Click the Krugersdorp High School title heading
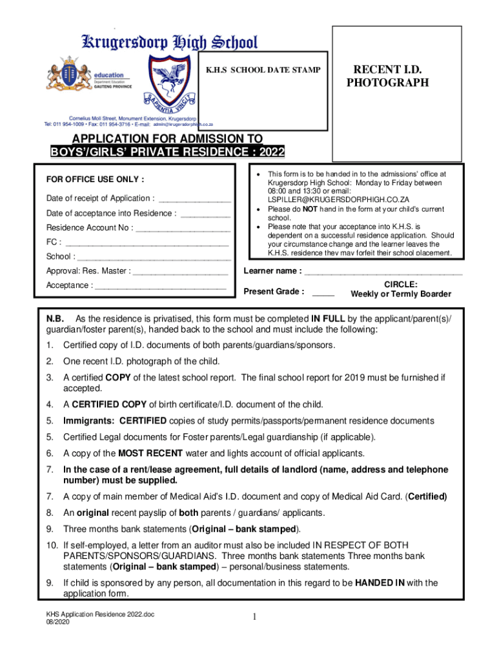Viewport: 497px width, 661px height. pyautogui.click(x=168, y=43)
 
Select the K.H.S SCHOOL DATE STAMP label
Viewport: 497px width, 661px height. pyautogui.click(x=263, y=70)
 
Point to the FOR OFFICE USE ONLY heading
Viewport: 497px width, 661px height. pyautogui.click(x=95, y=179)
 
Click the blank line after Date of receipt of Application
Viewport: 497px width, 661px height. pyautogui.click(x=194, y=199)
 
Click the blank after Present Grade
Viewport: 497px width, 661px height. pyautogui.click(x=323, y=292)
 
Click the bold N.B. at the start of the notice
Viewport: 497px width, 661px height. pyautogui.click(x=54, y=320)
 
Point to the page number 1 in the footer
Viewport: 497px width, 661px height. pyautogui.click(x=256, y=618)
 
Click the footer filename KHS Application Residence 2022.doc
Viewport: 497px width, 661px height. pyautogui.click(x=99, y=614)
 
